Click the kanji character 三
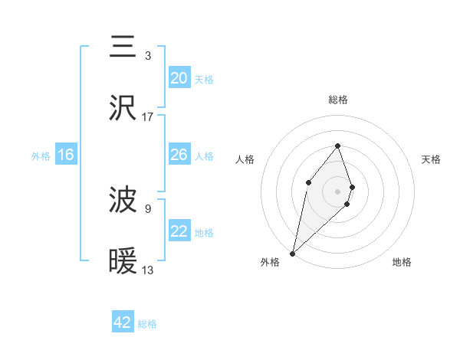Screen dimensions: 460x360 pos(123,47)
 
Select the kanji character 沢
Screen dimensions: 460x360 pos(123,108)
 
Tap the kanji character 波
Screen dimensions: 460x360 pos(123,201)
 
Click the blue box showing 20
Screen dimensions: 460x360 pos(179,78)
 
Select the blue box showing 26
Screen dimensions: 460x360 pos(179,155)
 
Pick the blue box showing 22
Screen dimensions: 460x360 pos(179,231)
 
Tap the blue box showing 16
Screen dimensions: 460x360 pos(66,155)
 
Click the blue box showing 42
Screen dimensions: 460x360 pos(123,322)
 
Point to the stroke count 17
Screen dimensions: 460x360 pos(148,117)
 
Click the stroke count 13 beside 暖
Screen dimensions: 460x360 pos(148,270)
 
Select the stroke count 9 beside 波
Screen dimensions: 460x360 pos(148,208)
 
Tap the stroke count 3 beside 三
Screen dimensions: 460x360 pos(148,55)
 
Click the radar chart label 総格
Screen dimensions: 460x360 pos(337,100)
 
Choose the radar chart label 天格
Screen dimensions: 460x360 pos(431,159)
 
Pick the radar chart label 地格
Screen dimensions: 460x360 pos(402,262)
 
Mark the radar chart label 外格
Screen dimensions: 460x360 pos(270,262)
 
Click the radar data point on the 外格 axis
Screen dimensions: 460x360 pos(292,253)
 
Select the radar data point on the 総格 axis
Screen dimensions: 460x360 pos(337,146)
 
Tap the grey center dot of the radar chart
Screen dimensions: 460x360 pos(337,191)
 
